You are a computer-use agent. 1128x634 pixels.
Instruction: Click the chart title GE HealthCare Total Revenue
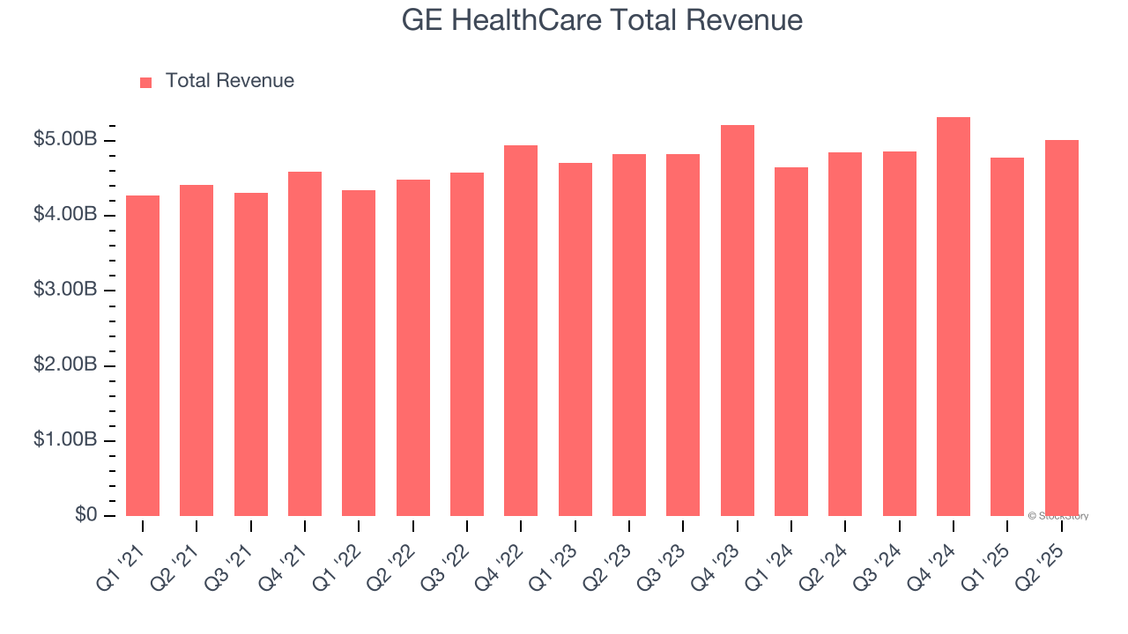[602, 20]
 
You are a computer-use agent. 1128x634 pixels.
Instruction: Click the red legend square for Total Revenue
[145, 82]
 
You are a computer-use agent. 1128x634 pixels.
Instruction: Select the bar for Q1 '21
[143, 356]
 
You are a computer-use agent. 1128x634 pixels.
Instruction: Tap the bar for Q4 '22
[521, 330]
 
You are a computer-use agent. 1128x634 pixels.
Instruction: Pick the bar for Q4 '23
[737, 321]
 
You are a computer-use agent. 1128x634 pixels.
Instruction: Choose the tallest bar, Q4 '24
[953, 316]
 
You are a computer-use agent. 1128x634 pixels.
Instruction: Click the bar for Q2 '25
[1061, 328]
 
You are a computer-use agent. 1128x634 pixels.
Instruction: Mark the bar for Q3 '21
[251, 354]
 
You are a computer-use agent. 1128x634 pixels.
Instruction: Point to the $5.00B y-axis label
[65, 140]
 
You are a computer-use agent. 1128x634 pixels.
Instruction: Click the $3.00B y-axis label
[65, 290]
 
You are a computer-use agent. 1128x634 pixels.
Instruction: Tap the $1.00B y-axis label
[65, 440]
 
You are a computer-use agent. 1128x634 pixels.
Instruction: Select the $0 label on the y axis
[85, 514]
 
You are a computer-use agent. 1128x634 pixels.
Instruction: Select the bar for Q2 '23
[629, 335]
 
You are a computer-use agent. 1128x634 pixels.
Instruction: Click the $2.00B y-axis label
[65, 365]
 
